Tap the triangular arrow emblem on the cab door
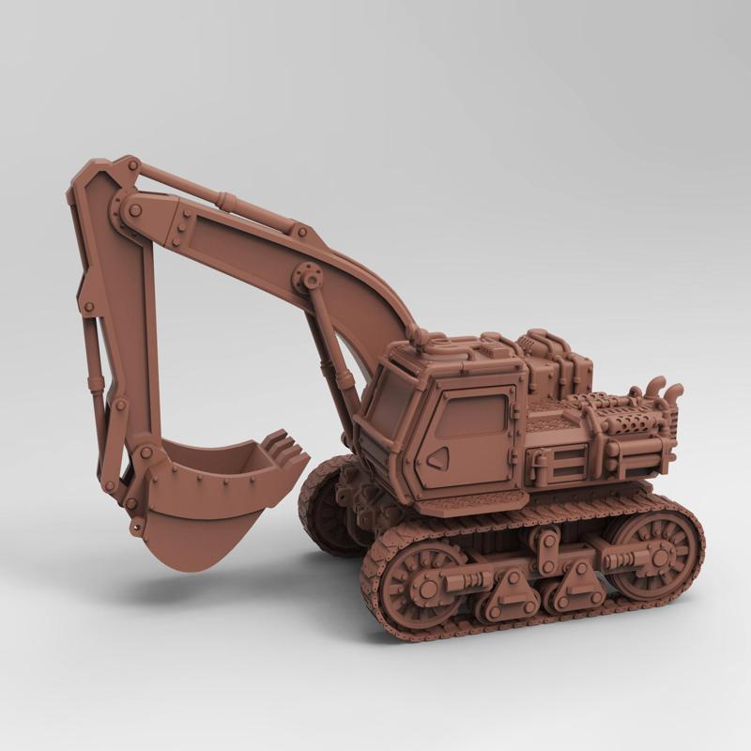tap(437, 457)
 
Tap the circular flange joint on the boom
tap(308, 277)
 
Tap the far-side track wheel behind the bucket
tap(324, 507)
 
